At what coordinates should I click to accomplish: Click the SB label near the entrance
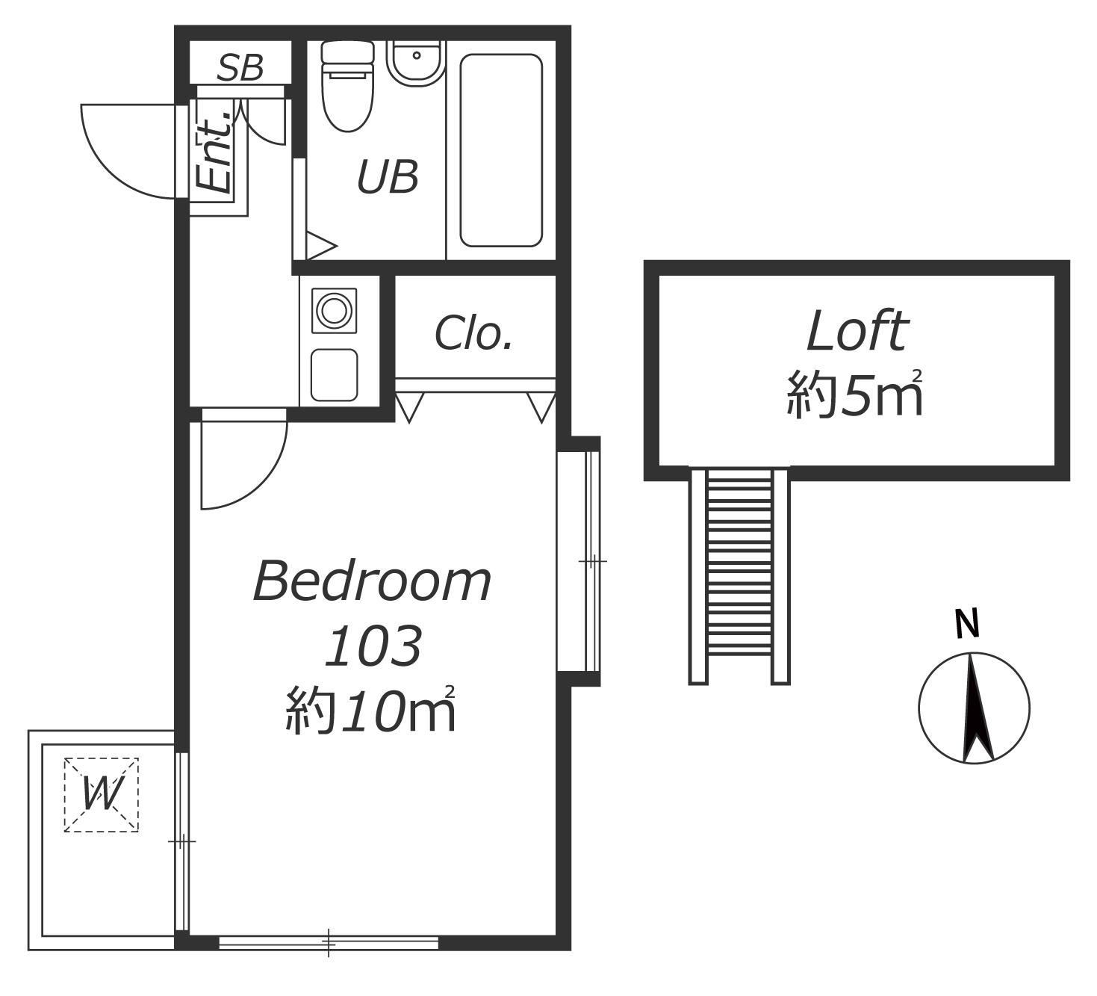[240, 67]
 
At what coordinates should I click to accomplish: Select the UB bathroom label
[387, 177]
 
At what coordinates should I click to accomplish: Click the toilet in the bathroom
[348, 87]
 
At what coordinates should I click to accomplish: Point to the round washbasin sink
[416, 63]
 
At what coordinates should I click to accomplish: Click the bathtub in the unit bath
[501, 150]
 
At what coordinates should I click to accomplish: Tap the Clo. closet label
[473, 332]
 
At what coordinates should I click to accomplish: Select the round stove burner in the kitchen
[334, 310]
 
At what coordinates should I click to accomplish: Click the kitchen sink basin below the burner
[334, 375]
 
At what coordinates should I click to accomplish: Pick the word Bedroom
[372, 581]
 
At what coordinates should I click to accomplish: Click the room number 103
[373, 646]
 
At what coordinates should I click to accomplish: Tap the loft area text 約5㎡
[855, 393]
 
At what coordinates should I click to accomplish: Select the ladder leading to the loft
[739, 576]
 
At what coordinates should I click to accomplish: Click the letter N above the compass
[967, 625]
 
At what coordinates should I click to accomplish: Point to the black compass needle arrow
[978, 708]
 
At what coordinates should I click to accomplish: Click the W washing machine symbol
[102, 795]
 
